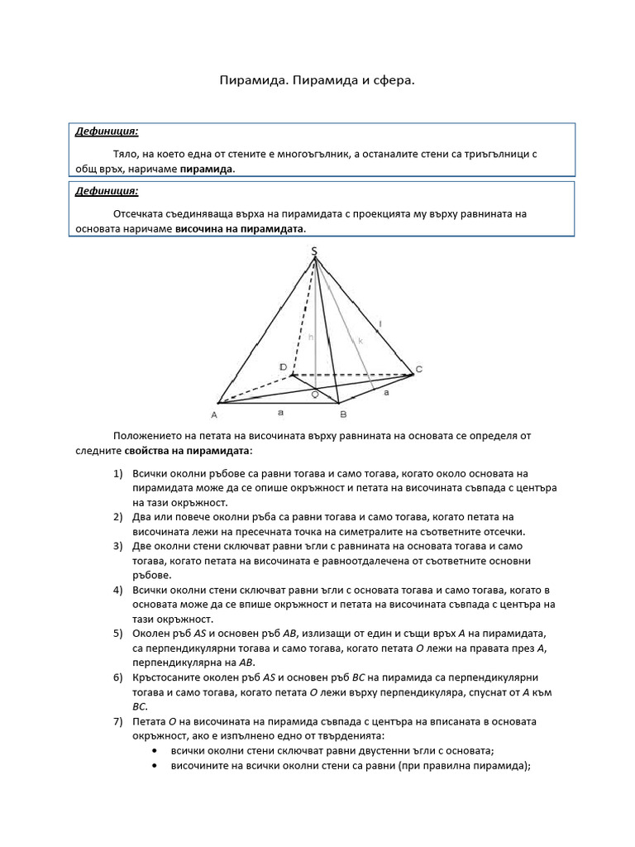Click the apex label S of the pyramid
click(314, 251)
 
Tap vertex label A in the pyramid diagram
click(213, 414)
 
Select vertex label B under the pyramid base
click(343, 414)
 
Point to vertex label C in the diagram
click(419, 369)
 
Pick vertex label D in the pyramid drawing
click(282, 366)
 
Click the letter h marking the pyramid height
click(310, 337)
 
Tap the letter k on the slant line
click(360, 340)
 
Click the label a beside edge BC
click(385, 394)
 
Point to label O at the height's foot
click(314, 395)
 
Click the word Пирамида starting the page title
click(251, 81)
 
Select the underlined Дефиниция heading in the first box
click(107, 131)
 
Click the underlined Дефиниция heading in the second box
click(107, 191)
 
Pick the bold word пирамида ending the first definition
click(207, 169)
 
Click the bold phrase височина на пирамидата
click(240, 228)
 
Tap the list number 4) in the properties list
click(117, 591)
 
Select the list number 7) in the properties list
click(117, 721)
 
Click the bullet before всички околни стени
click(157, 751)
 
